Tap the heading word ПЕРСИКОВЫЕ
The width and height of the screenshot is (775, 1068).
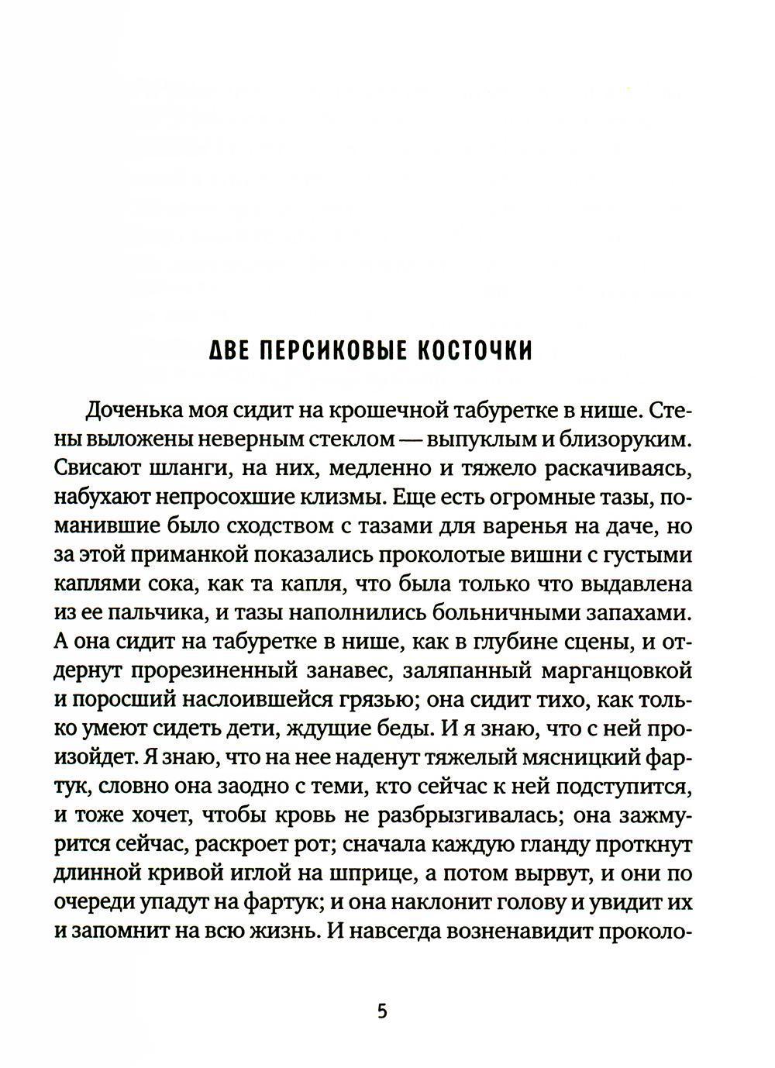(334, 351)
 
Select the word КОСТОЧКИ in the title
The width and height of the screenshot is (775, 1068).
(475, 351)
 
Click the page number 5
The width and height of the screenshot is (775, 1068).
(381, 1012)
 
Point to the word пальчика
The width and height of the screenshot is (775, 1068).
(150, 613)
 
